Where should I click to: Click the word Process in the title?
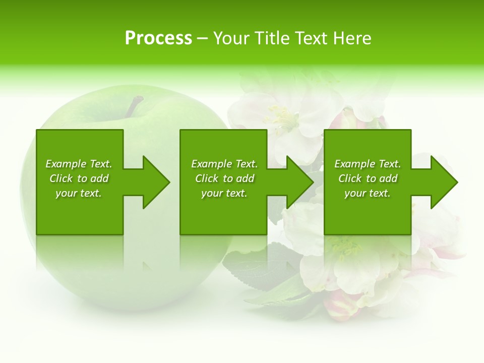158,38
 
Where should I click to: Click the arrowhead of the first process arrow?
156,182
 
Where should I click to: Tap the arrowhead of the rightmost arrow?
444,182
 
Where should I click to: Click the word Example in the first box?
66,164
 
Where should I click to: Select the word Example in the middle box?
212,164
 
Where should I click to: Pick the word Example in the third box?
355,164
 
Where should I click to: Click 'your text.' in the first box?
79,193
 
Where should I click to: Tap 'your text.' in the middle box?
224,193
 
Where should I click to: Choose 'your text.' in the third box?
368,193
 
